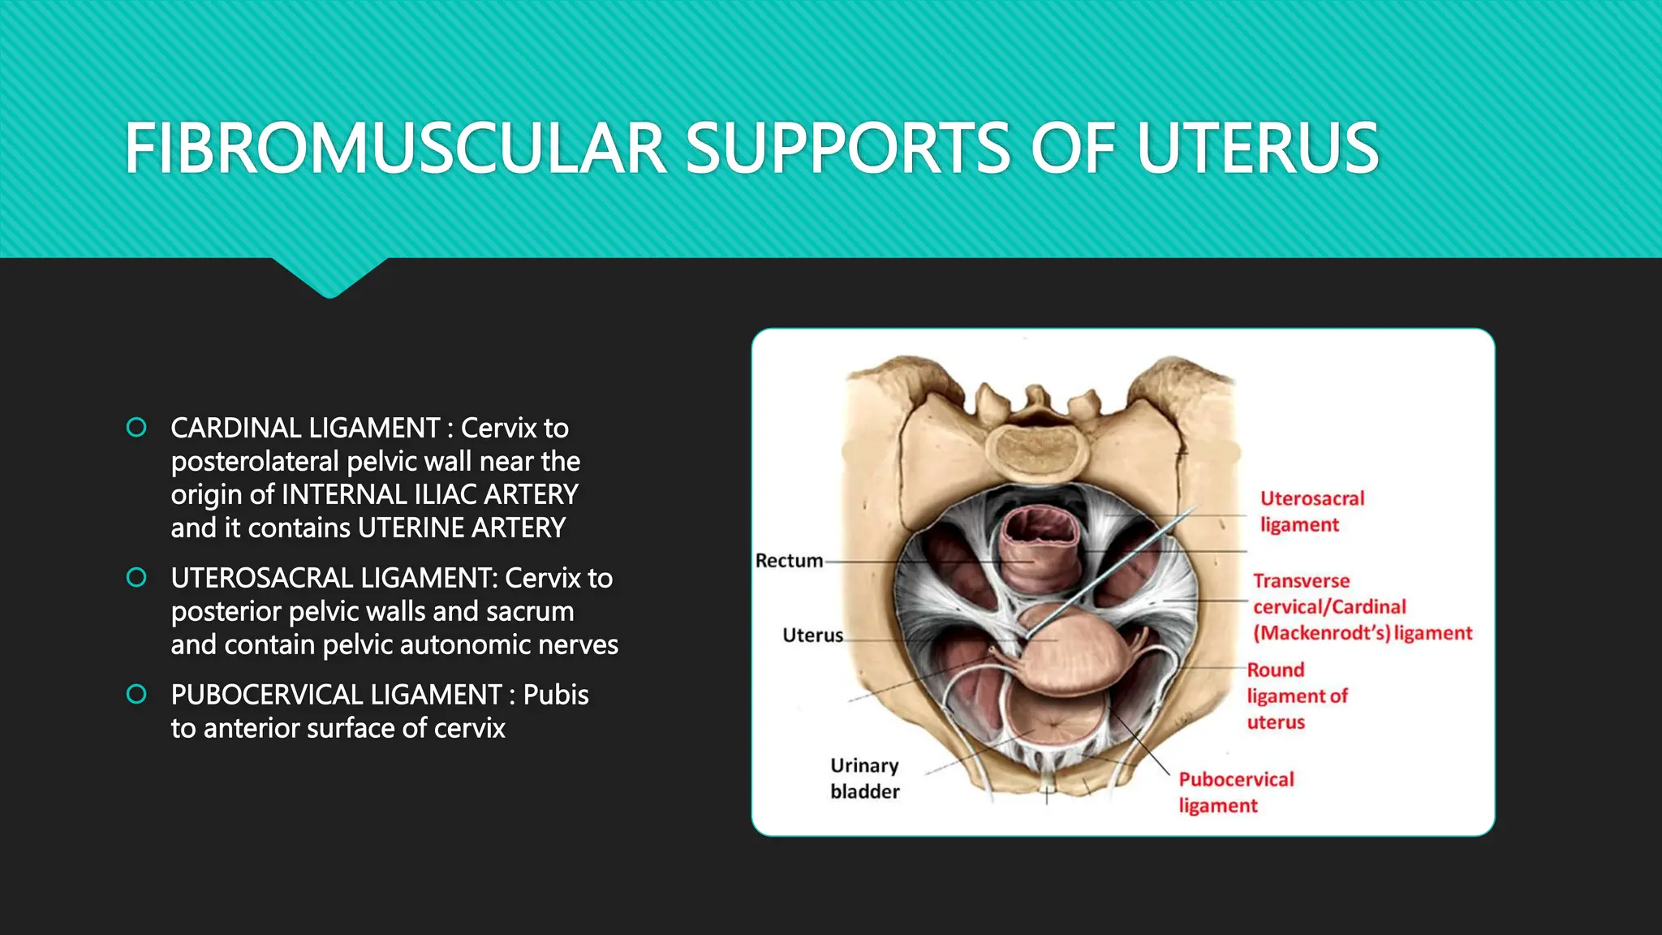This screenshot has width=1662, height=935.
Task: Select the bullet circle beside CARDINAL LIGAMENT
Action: [x=137, y=427]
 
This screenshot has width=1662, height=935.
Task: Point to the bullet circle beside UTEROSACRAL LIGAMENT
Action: [x=137, y=577]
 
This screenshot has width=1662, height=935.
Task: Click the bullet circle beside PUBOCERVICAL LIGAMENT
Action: [x=137, y=694]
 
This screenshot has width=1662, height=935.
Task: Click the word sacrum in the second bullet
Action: [x=530, y=611]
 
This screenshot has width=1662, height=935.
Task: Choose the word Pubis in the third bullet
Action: [x=556, y=695]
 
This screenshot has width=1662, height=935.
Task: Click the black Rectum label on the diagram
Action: [x=789, y=561]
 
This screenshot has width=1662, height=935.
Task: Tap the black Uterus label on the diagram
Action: [x=812, y=636]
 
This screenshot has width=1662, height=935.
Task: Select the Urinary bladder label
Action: [x=864, y=778]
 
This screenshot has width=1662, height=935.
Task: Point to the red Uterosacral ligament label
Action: [x=1311, y=511]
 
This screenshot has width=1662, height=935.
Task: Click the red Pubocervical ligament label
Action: [x=1236, y=792]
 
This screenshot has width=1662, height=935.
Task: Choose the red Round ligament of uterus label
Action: [x=1297, y=696]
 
